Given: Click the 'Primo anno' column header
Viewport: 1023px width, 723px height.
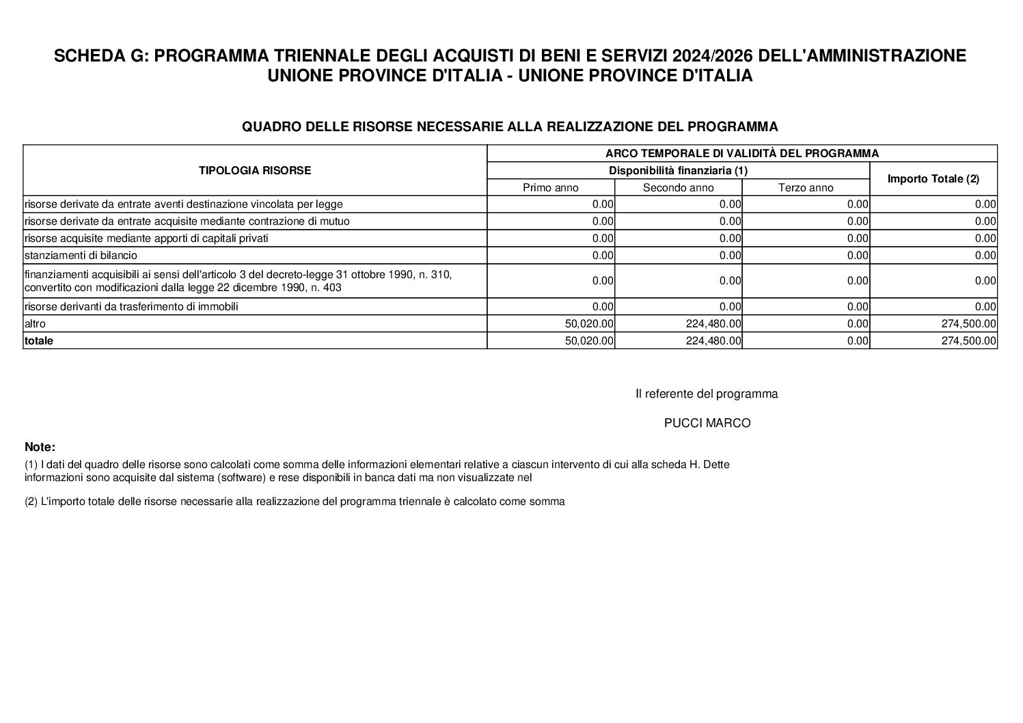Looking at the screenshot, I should [550, 188].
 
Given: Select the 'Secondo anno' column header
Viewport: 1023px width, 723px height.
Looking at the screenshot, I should [678, 188].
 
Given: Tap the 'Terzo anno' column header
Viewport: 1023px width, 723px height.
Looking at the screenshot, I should [806, 188].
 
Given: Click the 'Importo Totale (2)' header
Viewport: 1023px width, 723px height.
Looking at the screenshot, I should [933, 179].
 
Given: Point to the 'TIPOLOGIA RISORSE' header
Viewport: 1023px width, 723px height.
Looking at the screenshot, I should [254, 171].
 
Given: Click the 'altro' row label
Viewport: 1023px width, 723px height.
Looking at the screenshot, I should [35, 324].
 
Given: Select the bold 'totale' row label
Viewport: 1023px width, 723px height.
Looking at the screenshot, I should [39, 340].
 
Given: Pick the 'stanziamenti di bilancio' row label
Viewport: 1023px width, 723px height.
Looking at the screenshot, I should [81, 256].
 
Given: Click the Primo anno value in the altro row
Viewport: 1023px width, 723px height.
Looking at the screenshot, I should [589, 324].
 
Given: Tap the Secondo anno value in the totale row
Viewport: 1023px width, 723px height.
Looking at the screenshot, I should [713, 340].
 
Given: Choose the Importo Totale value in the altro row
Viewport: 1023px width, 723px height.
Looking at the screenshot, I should [968, 324].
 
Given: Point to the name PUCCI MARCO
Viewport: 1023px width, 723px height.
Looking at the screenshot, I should [707, 424].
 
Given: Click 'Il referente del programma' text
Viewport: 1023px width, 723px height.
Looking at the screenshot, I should [707, 394].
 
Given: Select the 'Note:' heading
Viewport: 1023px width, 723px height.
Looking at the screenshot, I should [40, 448].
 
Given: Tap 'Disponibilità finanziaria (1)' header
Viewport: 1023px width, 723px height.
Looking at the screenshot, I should [678, 171].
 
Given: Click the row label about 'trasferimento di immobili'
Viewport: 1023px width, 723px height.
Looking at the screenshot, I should [131, 307].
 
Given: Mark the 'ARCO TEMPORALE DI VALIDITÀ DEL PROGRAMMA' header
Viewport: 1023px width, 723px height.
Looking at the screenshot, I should [741, 154].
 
